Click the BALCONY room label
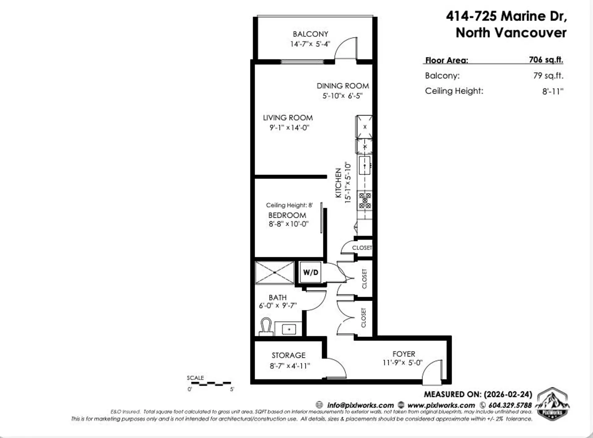point(310,34)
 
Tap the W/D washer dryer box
point(310,272)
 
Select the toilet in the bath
point(266,326)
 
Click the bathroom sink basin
point(289,329)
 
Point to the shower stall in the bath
point(275,272)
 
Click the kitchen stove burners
point(365,200)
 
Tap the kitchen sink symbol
point(365,165)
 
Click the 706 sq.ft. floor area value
point(546,60)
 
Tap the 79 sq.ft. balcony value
point(548,76)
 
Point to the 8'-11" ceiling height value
point(553,91)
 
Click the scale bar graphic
point(211,384)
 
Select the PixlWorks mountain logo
point(553,403)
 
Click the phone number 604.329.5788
point(510,405)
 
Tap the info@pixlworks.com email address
point(360,405)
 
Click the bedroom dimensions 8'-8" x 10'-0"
point(288,224)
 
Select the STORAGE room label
point(288,355)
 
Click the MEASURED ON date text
point(478,394)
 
